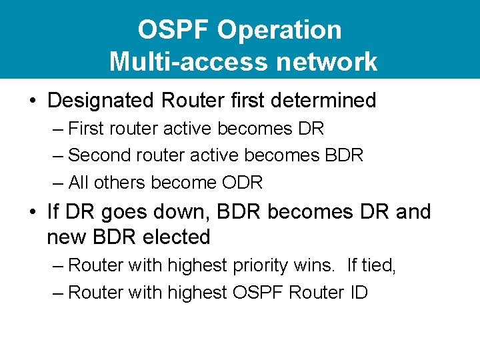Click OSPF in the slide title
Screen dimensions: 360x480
tap(174, 30)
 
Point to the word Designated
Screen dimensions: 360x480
tap(101, 101)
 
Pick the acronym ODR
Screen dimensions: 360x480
tap(241, 183)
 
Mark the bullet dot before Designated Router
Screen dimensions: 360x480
tap(32, 101)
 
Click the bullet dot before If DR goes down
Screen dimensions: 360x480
tap(32, 213)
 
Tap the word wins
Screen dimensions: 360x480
tap(316, 265)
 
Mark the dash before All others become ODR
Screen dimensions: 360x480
tap(58, 183)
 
